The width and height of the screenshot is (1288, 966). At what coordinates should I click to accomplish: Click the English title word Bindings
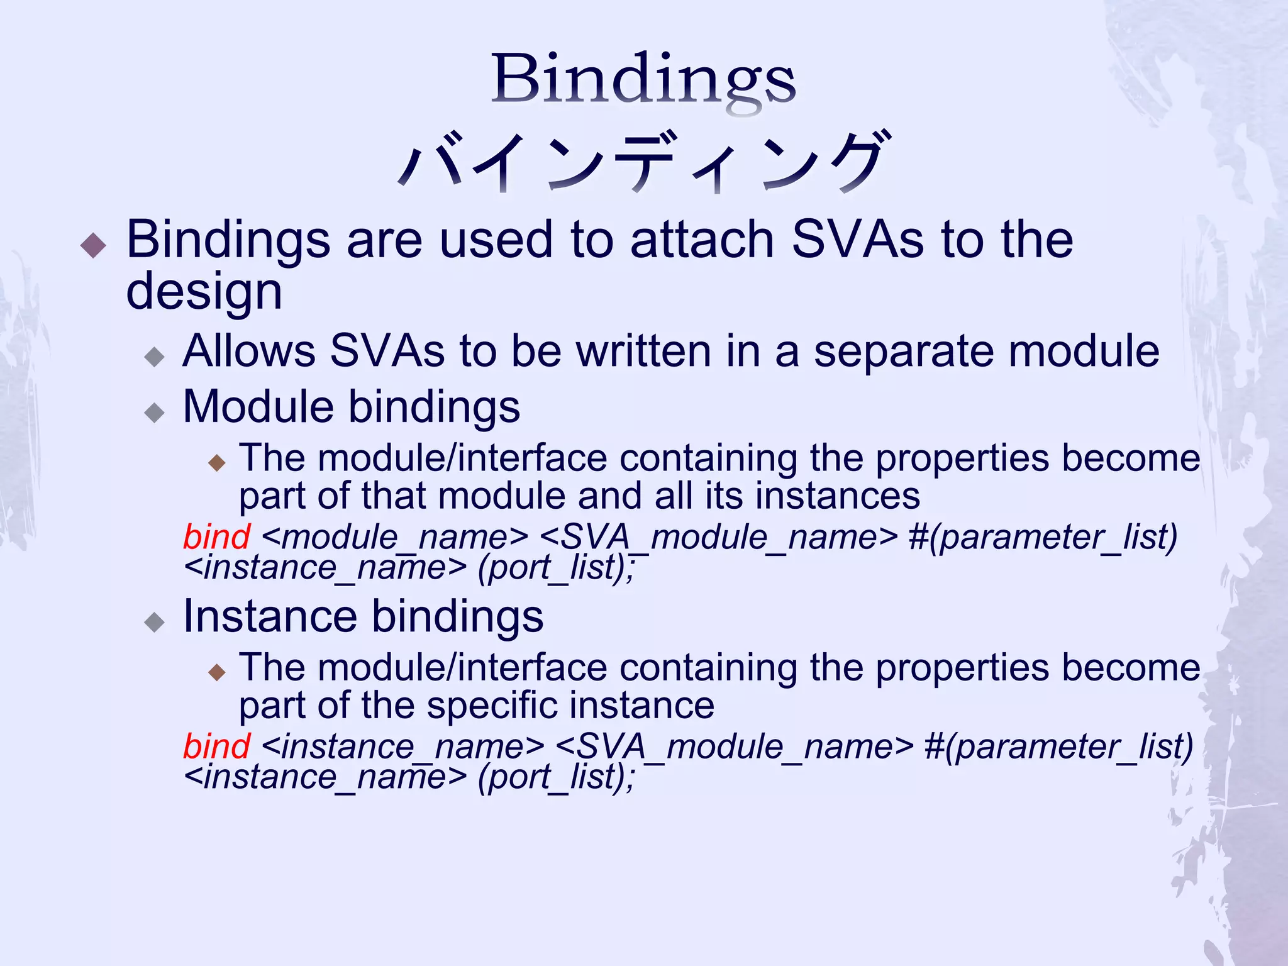coord(643,80)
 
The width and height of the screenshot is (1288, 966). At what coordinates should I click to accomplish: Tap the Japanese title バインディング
coord(644,162)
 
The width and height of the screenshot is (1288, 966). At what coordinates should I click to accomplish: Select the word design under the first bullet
coord(204,292)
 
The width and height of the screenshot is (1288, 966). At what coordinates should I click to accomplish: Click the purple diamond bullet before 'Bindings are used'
coord(94,245)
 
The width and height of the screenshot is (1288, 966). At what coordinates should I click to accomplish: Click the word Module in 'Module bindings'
coord(257,406)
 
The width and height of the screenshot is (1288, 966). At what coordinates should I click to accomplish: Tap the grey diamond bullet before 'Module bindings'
coord(154,413)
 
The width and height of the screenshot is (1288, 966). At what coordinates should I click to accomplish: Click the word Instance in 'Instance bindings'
coord(269,616)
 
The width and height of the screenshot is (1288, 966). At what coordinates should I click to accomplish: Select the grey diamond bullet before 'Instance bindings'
coord(154,623)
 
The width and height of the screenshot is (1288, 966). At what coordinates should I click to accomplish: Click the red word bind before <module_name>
coord(216,537)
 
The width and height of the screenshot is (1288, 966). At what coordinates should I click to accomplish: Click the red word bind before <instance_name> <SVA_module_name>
coord(216,747)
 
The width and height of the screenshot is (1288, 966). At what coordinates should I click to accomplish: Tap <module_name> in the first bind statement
coord(394,538)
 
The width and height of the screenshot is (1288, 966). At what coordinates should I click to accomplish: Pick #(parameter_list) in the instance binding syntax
coord(1058,747)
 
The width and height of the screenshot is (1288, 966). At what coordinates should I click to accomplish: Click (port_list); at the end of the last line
coord(556,777)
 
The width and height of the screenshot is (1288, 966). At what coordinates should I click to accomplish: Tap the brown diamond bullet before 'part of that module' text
coord(217,464)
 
